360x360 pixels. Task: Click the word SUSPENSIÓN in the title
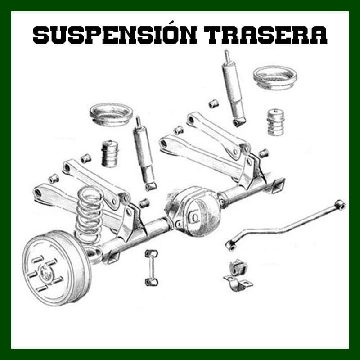(x=115, y=34)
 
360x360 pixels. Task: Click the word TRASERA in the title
(x=266, y=35)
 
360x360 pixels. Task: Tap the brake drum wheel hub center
(x=46, y=273)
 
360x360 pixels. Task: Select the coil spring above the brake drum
(x=89, y=214)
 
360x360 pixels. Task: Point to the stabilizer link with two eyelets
(x=151, y=268)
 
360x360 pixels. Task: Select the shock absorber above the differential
(x=144, y=154)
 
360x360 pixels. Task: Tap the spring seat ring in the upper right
(x=275, y=77)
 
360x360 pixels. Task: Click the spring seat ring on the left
(x=111, y=114)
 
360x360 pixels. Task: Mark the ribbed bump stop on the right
(x=276, y=122)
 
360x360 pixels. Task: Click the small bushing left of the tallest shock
(x=213, y=104)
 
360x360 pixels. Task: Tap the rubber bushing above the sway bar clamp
(x=238, y=266)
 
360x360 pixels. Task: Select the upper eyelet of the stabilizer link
(x=151, y=254)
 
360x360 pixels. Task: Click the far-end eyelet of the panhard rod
(x=340, y=205)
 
